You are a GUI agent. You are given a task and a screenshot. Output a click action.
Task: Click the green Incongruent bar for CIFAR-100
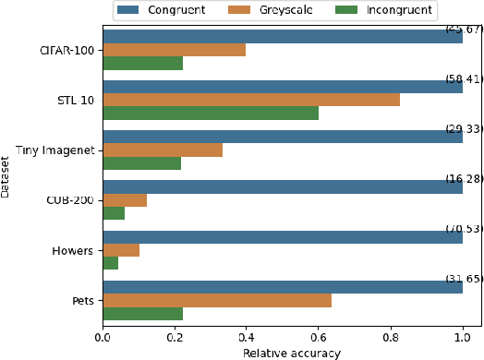(142, 64)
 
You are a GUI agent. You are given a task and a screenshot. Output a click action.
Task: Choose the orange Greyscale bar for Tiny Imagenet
(163, 150)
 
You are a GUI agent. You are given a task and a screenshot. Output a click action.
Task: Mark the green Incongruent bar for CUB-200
(114, 213)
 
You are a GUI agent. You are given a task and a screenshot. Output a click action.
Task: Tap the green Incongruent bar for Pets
(142, 313)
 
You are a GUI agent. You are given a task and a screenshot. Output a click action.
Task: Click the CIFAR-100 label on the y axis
(67, 50)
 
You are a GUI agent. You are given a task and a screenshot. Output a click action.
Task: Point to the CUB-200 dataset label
(71, 200)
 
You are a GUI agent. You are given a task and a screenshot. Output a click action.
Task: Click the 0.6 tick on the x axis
(319, 337)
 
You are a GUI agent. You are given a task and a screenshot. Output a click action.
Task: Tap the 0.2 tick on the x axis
(175, 337)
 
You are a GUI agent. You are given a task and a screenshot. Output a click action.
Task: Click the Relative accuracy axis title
(292, 353)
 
